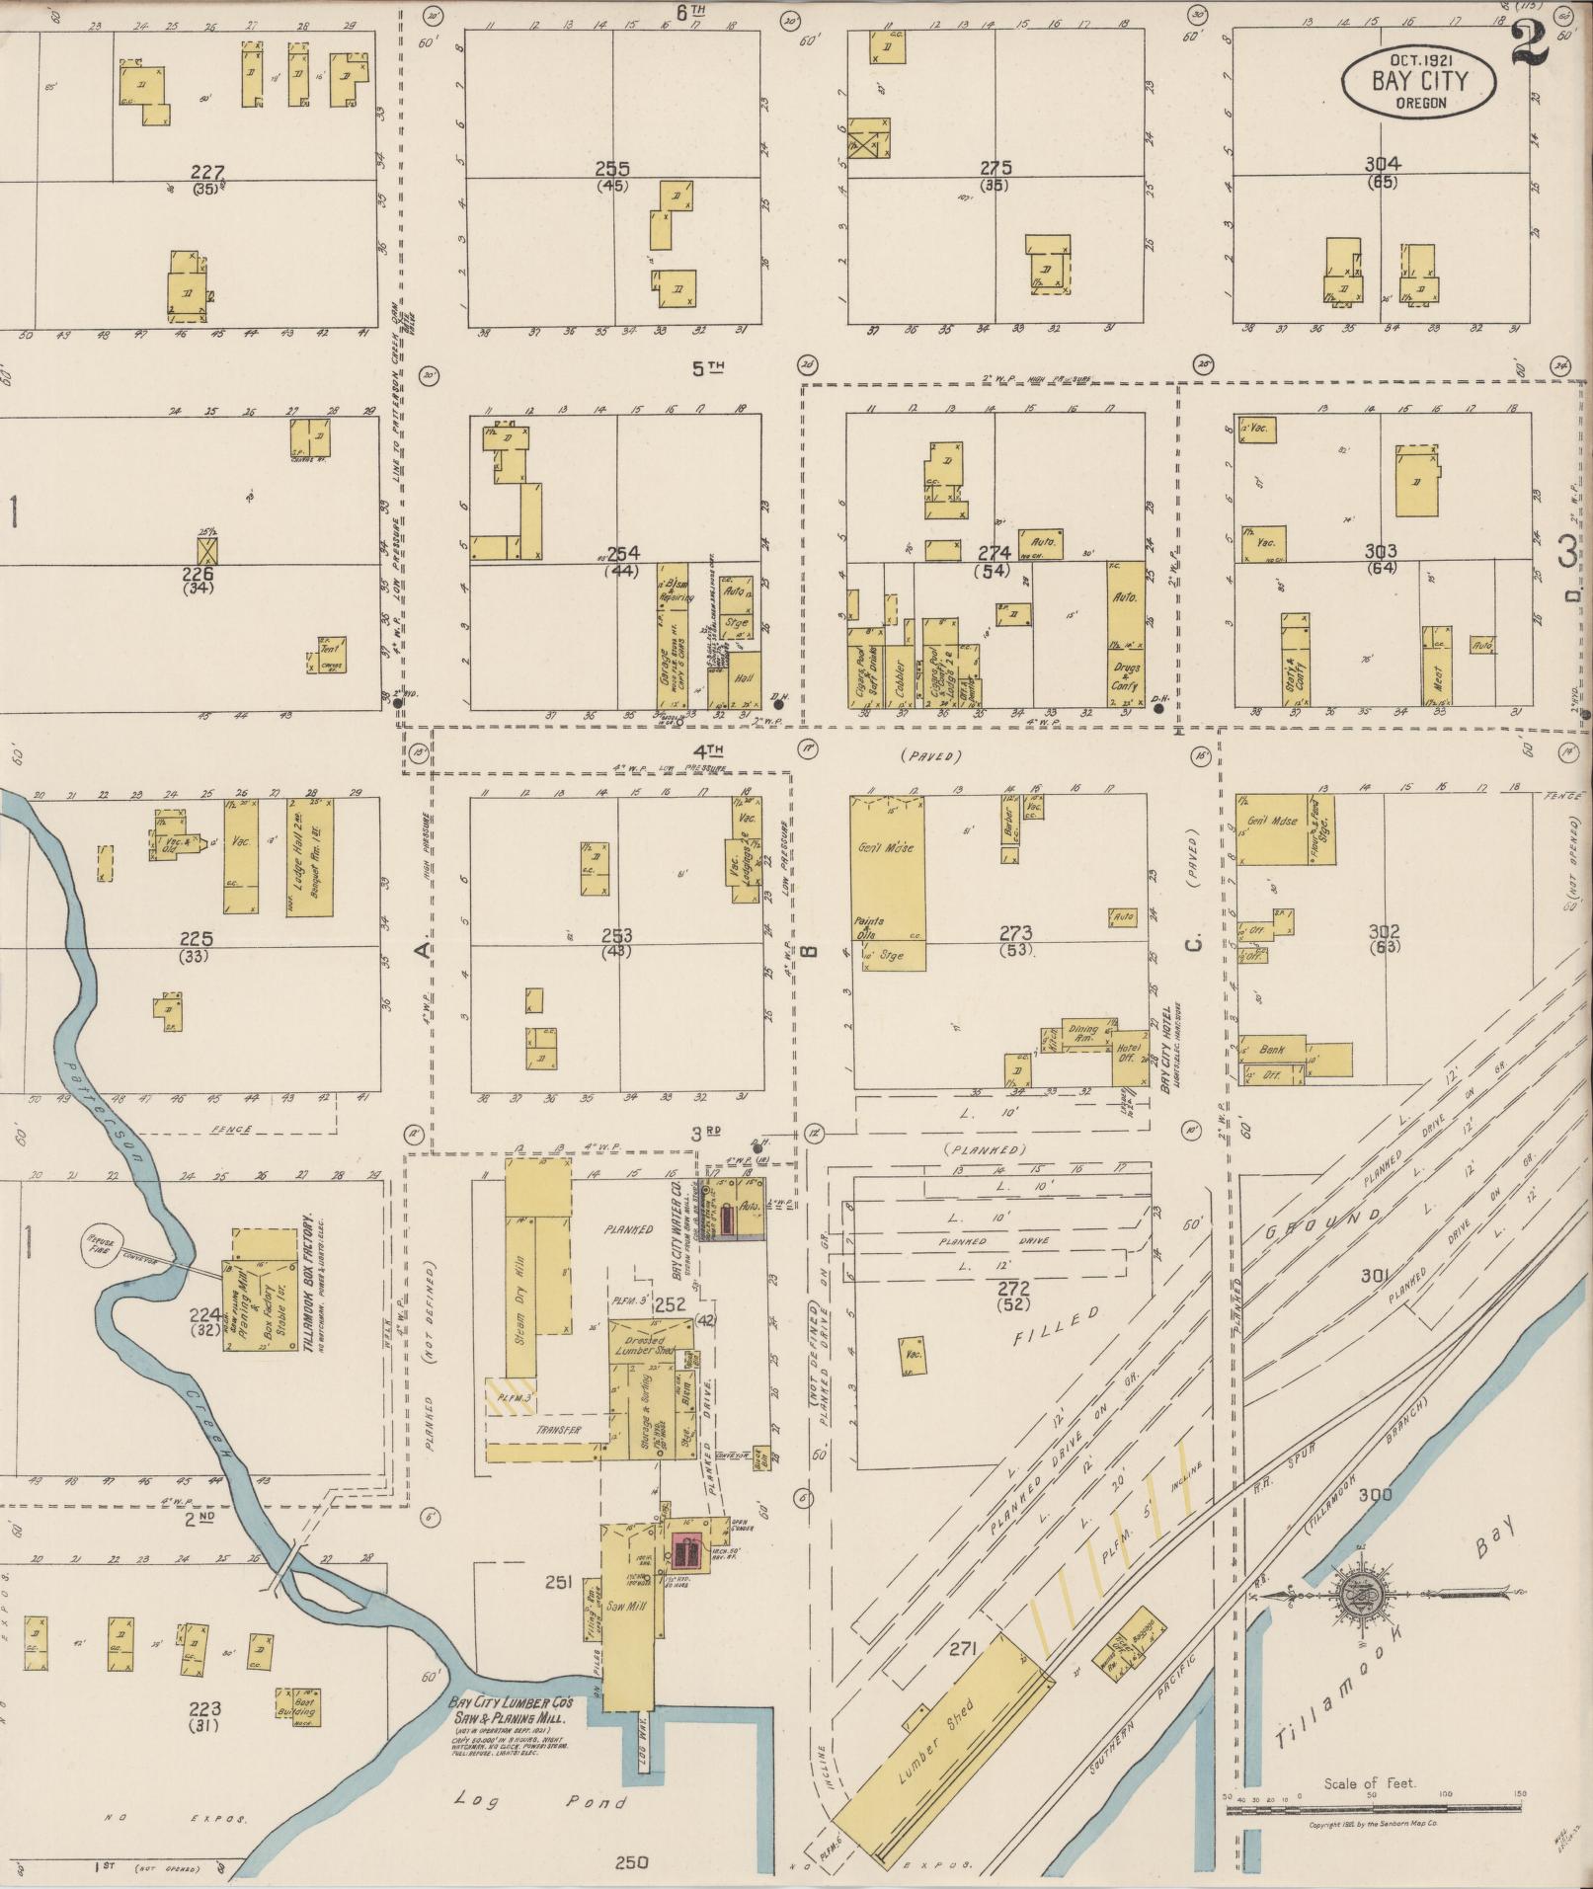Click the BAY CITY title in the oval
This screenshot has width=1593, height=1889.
[x=1419, y=81]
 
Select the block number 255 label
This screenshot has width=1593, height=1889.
[x=612, y=169]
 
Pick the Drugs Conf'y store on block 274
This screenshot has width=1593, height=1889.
[x=1126, y=674]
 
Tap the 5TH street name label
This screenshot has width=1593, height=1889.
[x=707, y=368]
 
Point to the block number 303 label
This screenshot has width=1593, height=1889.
[x=1380, y=551]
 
